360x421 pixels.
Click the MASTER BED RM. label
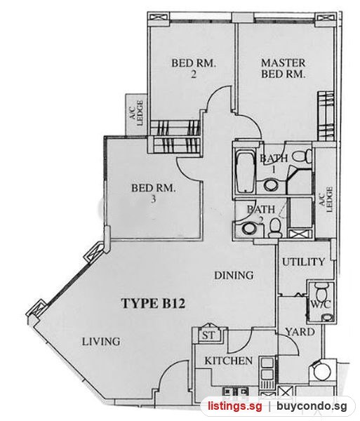coord(284,69)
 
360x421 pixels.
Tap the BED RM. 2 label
coord(194,69)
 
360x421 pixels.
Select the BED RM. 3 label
coord(153,193)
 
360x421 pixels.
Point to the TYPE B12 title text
coord(153,303)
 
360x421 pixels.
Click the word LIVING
coord(101,342)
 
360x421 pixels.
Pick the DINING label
coord(234,275)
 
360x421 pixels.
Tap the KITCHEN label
coord(229,361)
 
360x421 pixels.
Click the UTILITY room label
coord(303,262)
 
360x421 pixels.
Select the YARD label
coord(300,332)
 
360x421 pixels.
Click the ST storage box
coord(208,335)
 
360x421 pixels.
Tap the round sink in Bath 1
coord(271,185)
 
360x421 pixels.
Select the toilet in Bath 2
coord(275,228)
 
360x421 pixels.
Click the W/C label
coord(321,305)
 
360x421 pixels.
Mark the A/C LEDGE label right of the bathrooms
coord(326,199)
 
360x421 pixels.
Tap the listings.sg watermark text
coord(234,406)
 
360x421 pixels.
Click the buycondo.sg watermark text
coord(312,406)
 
